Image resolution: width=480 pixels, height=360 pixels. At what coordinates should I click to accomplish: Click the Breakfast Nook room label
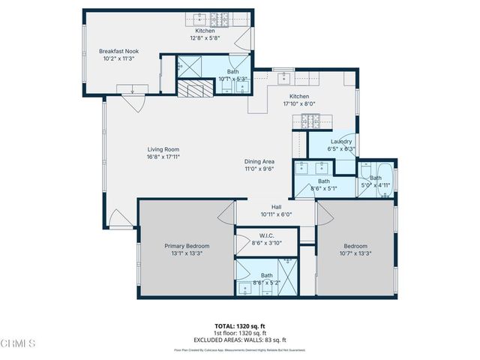(x=118, y=52)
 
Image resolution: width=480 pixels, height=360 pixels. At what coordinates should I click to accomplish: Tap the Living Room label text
(x=163, y=149)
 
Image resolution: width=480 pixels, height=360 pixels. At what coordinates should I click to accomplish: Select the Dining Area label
(x=259, y=162)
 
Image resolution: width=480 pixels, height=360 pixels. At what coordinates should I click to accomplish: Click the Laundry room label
(x=331, y=141)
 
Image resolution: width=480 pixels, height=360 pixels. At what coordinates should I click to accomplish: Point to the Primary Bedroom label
(x=187, y=246)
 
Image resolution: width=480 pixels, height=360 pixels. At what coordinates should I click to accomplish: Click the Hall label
(x=276, y=207)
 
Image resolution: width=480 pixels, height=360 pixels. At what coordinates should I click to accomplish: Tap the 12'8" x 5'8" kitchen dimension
(x=205, y=38)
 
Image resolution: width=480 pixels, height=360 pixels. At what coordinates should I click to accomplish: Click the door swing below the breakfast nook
(x=136, y=100)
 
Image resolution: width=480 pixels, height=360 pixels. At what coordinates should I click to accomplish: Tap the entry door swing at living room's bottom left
(x=120, y=219)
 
